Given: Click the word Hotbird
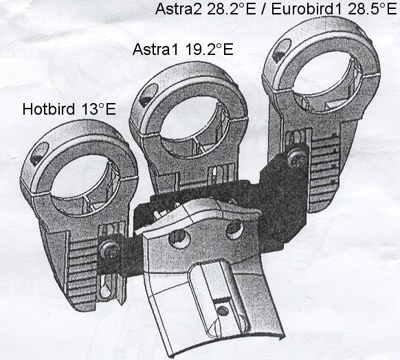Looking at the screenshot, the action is pos(49,109).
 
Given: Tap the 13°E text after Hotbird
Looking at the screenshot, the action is pos(99,109).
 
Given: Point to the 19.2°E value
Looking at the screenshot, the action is pos(209,49).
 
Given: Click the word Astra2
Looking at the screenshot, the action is pos(179,9).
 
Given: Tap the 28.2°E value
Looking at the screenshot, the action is pos(231,9).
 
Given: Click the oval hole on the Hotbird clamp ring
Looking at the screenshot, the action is pos(39,153).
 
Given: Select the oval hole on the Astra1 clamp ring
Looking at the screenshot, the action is pos(149,95).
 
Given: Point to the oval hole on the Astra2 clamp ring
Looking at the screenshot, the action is pos(282,50).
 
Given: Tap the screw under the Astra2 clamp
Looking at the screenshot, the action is pos(298,157).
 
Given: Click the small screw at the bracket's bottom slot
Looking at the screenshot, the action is pos(223,311).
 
